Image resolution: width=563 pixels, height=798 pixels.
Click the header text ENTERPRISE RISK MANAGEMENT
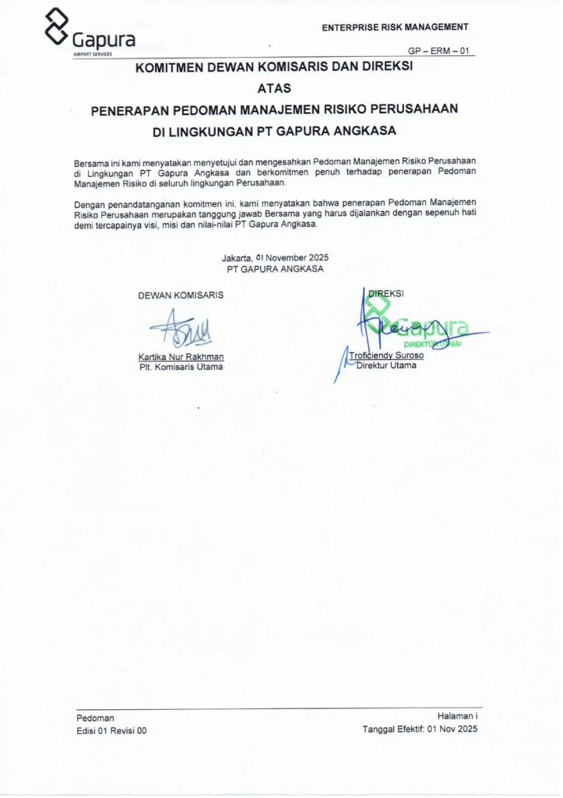[395, 27]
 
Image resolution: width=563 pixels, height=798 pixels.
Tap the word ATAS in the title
[273, 89]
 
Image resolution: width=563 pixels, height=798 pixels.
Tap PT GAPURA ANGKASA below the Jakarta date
[274, 269]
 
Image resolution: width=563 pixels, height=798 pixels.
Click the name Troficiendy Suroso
[386, 356]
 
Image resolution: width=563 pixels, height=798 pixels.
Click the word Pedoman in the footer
[96, 718]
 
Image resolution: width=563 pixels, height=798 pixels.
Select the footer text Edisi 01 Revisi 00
[111, 731]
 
